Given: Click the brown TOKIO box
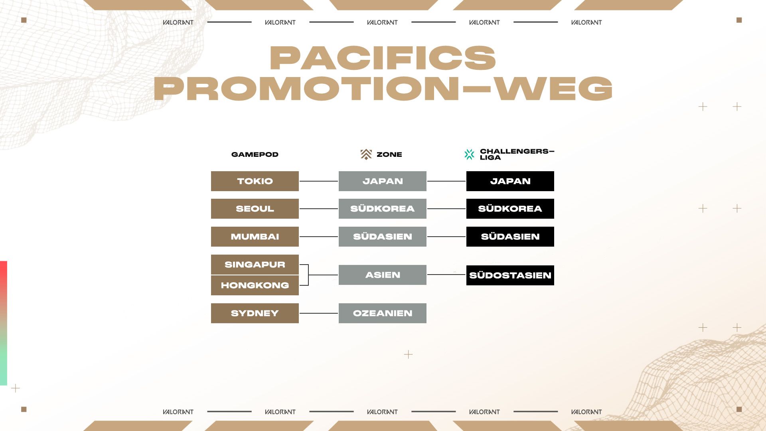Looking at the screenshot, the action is click(x=255, y=181).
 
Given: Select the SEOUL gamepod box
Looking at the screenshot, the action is click(x=255, y=209).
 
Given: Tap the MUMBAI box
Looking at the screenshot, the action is click(x=255, y=237).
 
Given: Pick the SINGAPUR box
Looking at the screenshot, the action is click(x=255, y=265).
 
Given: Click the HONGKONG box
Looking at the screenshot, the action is click(x=255, y=285).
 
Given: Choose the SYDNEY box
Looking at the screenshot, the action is click(x=255, y=313).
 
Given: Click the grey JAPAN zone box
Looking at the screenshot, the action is click(x=383, y=181).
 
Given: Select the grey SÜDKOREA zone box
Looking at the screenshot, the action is click(x=383, y=209).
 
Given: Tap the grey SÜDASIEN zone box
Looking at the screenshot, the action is click(x=383, y=237).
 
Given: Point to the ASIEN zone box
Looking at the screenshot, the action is click(x=383, y=275).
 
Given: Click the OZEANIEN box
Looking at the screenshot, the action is click(x=383, y=313).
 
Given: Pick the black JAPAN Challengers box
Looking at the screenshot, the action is click(x=510, y=181).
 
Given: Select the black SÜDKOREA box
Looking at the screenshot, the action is click(x=510, y=209).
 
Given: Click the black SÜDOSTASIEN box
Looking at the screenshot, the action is click(x=510, y=275).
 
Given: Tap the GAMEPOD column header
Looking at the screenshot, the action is click(x=255, y=154).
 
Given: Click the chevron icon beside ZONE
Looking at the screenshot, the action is click(x=366, y=154).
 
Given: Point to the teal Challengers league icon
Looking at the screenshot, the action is click(x=470, y=154).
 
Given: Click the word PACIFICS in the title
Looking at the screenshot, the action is click(x=383, y=58).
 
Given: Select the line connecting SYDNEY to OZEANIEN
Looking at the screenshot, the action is click(x=319, y=313).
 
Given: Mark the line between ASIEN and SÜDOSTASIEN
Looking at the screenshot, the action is click(x=446, y=275).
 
